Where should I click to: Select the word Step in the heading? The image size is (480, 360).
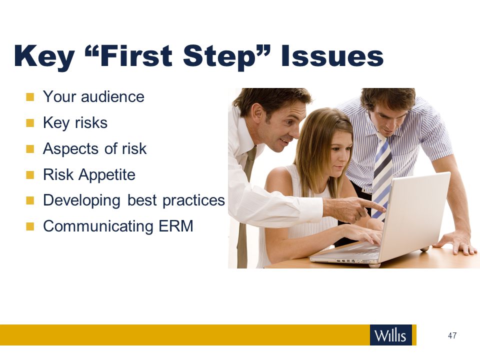[219, 56]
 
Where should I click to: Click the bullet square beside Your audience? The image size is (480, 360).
[30, 97]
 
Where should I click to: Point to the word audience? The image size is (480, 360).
[112, 96]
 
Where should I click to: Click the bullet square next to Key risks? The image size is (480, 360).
[30, 123]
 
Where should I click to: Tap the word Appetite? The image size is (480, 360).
[107, 175]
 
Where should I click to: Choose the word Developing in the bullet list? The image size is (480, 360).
[81, 201]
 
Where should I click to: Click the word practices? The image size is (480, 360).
[193, 201]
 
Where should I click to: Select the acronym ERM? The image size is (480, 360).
[176, 226]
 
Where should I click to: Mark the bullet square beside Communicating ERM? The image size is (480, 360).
[30, 226]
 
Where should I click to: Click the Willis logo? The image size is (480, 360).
[391, 335]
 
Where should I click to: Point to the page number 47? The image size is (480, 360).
[452, 335]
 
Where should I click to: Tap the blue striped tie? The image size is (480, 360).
[382, 175]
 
